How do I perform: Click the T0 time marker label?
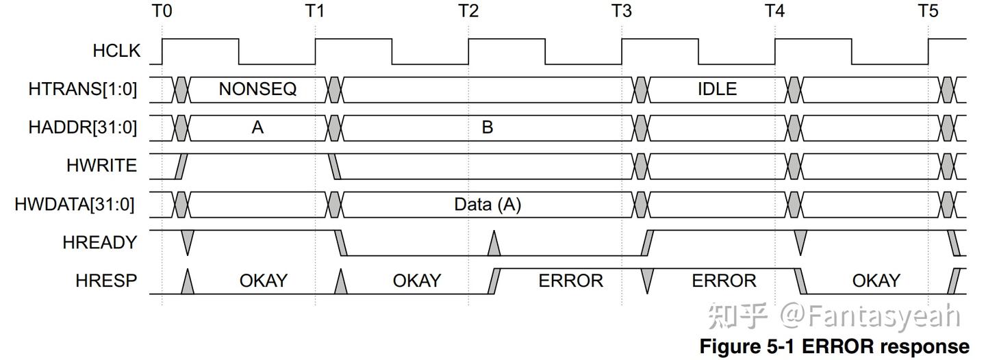(162, 10)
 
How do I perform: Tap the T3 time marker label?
(622, 10)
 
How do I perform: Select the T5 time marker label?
(928, 10)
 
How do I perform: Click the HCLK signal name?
(116, 51)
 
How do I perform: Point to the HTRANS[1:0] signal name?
(83, 89)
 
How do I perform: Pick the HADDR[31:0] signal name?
(83, 127)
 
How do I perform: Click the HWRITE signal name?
(101, 166)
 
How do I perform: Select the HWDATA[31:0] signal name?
(75, 204)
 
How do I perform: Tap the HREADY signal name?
(100, 242)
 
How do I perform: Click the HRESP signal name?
(106, 281)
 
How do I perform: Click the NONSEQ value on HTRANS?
(257, 89)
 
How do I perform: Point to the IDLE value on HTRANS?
(717, 89)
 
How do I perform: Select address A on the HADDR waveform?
(257, 127)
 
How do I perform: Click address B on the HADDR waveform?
(488, 127)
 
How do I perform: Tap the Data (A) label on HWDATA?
(488, 204)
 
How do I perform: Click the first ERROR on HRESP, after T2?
(570, 281)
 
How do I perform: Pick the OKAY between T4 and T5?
(876, 281)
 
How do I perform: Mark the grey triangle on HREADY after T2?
(494, 243)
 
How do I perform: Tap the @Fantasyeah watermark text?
(870, 316)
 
